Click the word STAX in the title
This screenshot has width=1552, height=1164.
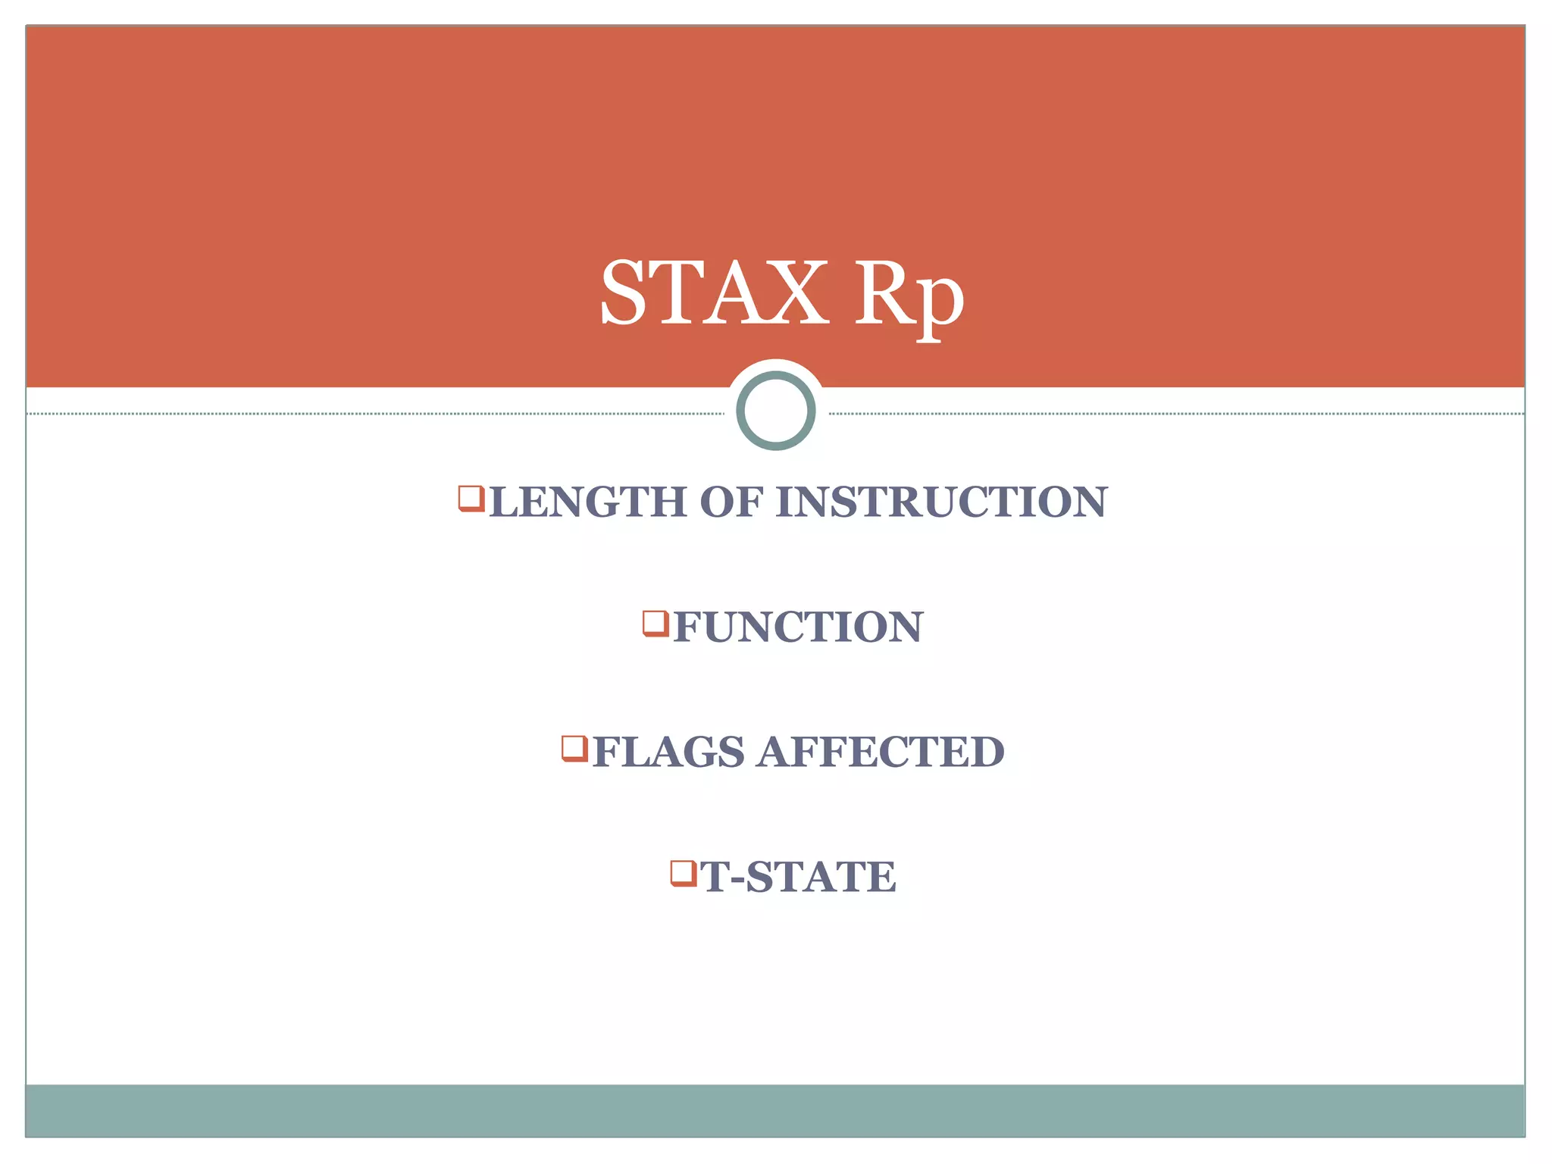click(x=712, y=293)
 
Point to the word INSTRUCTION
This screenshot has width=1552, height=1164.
click(x=941, y=502)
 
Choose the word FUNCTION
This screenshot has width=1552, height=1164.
click(x=797, y=627)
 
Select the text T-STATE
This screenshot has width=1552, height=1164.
click(x=797, y=877)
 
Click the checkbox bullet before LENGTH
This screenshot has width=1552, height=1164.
click(x=471, y=499)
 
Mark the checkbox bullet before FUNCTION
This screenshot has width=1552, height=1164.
click(x=656, y=624)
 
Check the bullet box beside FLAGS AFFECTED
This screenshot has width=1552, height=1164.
click(x=574, y=748)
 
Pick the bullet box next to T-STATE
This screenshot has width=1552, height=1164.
click(x=684, y=873)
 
